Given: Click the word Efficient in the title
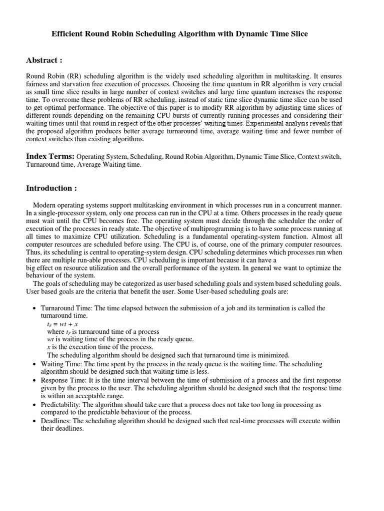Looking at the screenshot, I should point(68,34).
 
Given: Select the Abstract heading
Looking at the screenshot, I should point(44,60).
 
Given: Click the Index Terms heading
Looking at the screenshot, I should point(50,156).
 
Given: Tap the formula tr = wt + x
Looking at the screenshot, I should point(62,324).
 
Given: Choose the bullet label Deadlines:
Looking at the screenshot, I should point(56,421).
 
